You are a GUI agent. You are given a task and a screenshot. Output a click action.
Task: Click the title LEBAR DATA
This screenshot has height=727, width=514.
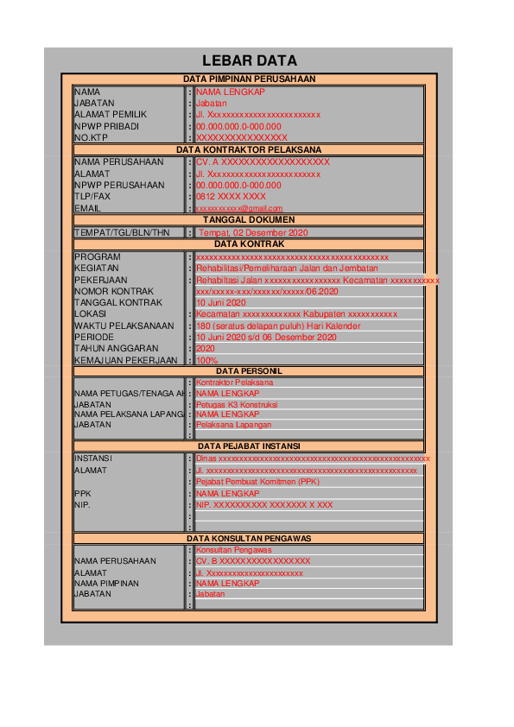[x=249, y=60]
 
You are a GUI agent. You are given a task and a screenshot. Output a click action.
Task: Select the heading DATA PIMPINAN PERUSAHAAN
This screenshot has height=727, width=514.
[x=249, y=79]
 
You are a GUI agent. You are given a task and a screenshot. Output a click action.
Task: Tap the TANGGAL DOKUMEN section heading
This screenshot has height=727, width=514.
[x=249, y=220]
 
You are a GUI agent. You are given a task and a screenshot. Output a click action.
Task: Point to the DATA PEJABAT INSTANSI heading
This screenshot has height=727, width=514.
[x=249, y=445]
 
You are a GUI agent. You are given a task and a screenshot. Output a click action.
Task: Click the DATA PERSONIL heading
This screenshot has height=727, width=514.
[x=249, y=370]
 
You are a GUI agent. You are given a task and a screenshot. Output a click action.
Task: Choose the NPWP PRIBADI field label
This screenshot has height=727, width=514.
[x=106, y=126]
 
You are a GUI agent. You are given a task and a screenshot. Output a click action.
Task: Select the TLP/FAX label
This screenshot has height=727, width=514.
[x=92, y=196]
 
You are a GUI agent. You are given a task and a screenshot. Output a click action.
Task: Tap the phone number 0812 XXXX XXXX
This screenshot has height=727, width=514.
[x=231, y=196]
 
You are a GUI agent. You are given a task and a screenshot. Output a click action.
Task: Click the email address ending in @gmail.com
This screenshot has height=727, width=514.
[x=239, y=208]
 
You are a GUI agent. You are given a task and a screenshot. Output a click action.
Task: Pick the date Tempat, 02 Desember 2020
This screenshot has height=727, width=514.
[x=252, y=233]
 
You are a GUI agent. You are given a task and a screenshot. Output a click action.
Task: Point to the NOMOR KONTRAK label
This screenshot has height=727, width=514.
[x=113, y=291]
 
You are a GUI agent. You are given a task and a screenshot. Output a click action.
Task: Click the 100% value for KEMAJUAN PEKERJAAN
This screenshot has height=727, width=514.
[x=206, y=360]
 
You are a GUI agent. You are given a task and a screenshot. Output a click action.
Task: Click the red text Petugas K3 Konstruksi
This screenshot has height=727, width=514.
[x=236, y=404]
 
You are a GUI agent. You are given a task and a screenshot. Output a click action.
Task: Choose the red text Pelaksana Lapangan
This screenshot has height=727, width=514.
[x=233, y=425]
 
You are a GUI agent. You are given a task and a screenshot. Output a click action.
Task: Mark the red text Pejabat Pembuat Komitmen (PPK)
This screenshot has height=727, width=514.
[x=257, y=482]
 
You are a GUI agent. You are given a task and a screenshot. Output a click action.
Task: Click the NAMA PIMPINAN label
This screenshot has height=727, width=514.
[x=106, y=584]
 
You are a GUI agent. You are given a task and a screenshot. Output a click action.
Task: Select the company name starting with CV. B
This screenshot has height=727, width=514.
[x=253, y=561]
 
